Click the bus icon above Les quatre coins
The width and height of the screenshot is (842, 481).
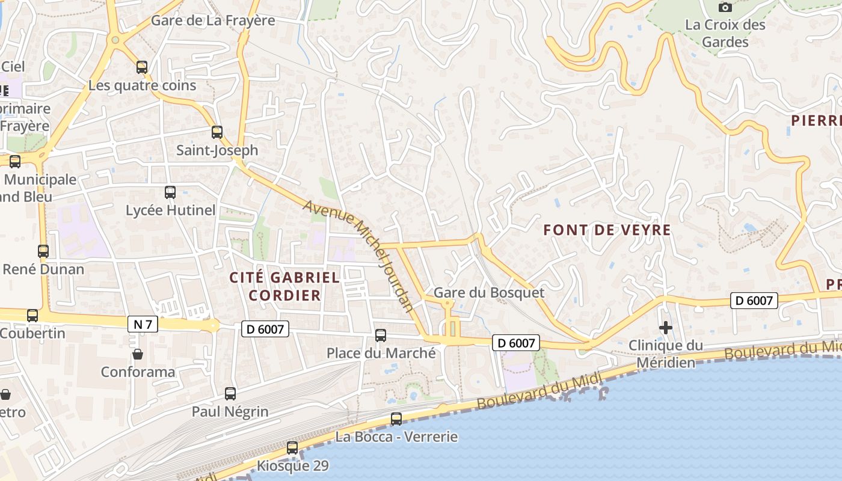pyautogui.click(x=142, y=67)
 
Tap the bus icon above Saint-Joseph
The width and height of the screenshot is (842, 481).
pyautogui.click(x=217, y=132)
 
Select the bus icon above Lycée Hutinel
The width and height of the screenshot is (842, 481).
pyautogui.click(x=170, y=192)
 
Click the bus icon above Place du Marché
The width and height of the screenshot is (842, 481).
pyautogui.click(x=381, y=335)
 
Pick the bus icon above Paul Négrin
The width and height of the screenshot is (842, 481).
pyautogui.click(x=230, y=394)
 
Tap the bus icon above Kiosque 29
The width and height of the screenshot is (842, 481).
pyautogui.click(x=292, y=448)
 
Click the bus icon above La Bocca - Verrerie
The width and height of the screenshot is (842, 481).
pyautogui.click(x=396, y=419)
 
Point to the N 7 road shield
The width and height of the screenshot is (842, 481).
pyautogui.click(x=143, y=325)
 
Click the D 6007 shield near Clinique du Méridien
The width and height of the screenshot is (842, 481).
pyautogui.click(x=754, y=300)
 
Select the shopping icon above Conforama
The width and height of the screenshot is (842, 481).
pyautogui.click(x=138, y=354)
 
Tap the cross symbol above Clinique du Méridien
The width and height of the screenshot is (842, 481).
pyautogui.click(x=665, y=328)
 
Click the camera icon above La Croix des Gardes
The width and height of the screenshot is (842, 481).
pyautogui.click(x=725, y=7)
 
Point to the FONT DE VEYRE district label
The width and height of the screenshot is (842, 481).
pyautogui.click(x=607, y=230)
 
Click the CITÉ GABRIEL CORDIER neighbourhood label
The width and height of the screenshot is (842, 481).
pyautogui.click(x=284, y=286)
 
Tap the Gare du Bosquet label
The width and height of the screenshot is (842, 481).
pyautogui.click(x=488, y=293)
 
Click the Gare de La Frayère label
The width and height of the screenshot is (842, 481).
pyautogui.click(x=213, y=20)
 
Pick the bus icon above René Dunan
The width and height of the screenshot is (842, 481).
pyautogui.click(x=43, y=251)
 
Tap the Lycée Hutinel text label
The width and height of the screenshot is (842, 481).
pyautogui.click(x=170, y=210)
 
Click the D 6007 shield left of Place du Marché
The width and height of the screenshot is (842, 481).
pyautogui.click(x=265, y=328)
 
